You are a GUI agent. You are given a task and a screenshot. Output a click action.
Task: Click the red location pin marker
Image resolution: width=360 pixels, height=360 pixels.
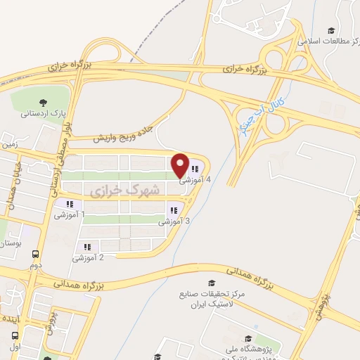(181, 165)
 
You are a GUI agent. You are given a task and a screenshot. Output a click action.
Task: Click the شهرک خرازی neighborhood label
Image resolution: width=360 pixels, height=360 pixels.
(126, 190)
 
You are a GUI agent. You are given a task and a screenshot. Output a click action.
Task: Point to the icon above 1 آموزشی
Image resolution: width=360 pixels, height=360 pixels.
(68, 205)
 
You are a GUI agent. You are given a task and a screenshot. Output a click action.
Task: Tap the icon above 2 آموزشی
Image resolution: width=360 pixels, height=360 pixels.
(87, 247)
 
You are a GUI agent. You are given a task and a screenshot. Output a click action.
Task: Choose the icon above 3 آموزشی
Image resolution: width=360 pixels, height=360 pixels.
(173, 210)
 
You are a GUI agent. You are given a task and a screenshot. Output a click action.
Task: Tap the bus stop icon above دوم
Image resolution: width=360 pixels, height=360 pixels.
(36, 255)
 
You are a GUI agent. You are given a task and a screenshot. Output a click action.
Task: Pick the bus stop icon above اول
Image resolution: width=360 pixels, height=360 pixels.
(15, 337)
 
